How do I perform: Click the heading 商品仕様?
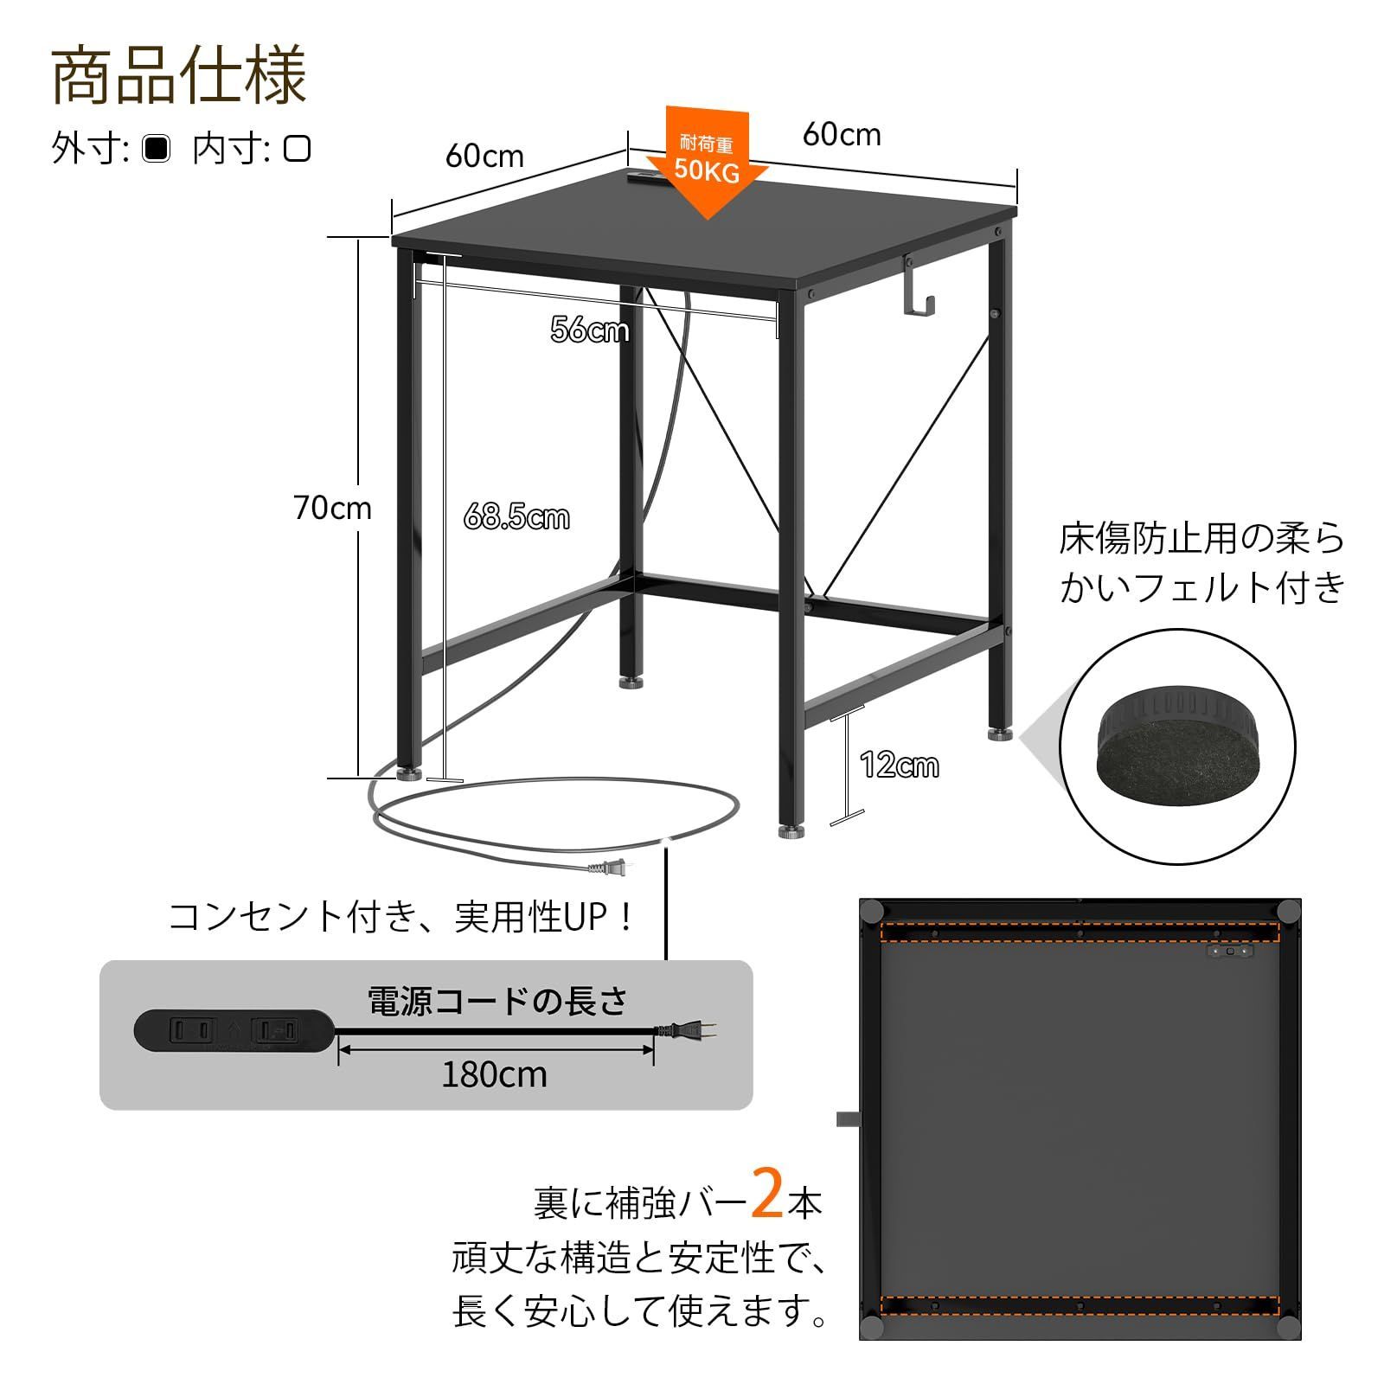pyautogui.click(x=179, y=77)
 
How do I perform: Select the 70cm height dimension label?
pyautogui.click(x=332, y=508)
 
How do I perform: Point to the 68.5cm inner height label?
pyautogui.click(x=516, y=517)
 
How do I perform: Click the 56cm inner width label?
pyautogui.click(x=589, y=330)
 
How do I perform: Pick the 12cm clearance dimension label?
pyautogui.click(x=899, y=765)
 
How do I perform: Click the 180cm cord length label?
pyautogui.click(x=494, y=1074)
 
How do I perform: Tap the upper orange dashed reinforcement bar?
pyautogui.click(x=1079, y=932)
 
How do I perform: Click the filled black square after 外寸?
pyautogui.click(x=157, y=149)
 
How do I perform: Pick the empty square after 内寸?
pyautogui.click(x=297, y=149)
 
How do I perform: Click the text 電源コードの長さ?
pyautogui.click(x=497, y=1001)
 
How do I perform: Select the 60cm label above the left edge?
pyautogui.click(x=484, y=156)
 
